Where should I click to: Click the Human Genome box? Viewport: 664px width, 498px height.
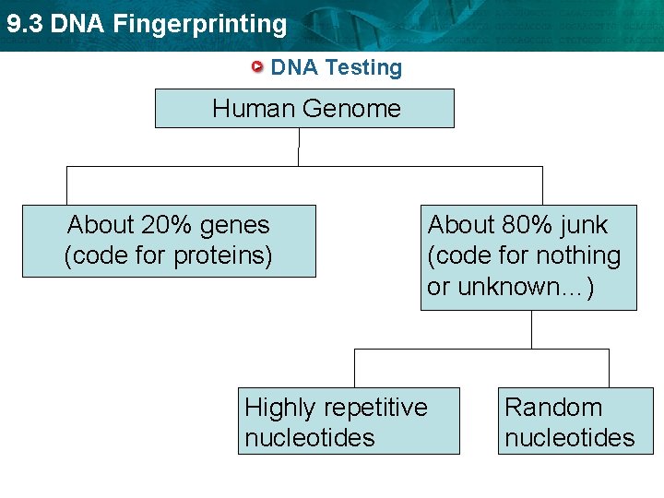pyautogui.click(x=304, y=108)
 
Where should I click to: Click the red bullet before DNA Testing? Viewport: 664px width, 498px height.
pyautogui.click(x=259, y=67)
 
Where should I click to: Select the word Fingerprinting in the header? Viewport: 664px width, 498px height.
pyautogui.click(x=199, y=24)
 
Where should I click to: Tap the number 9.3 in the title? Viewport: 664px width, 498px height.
pyautogui.click(x=25, y=24)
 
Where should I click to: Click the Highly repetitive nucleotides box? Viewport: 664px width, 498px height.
pyautogui.click(x=349, y=421)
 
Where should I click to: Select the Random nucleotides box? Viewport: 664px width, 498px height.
pyautogui.click(x=575, y=421)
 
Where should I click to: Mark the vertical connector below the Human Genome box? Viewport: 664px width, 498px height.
pyautogui.click(x=299, y=147)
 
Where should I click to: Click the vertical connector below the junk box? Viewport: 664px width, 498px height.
pyautogui.click(x=531, y=329)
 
